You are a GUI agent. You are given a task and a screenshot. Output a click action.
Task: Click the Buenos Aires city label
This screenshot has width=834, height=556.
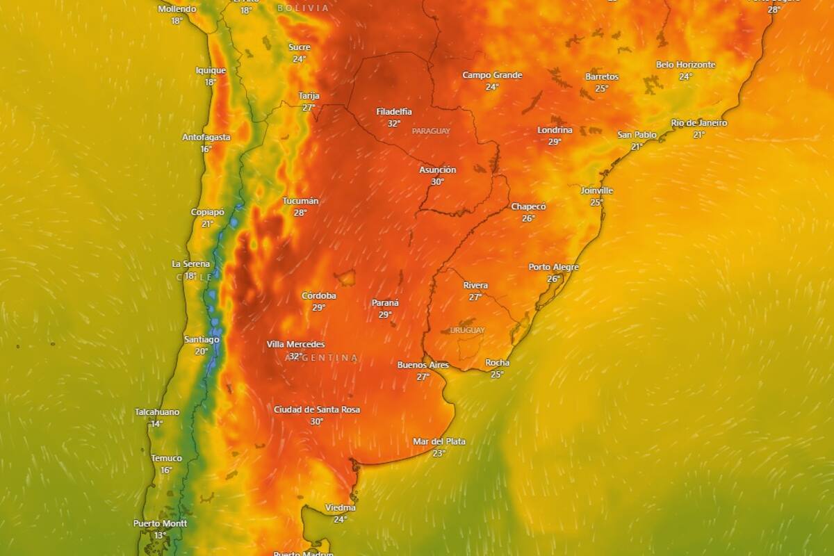423,365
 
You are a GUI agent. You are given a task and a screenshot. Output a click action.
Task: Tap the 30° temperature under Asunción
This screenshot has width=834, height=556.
437,181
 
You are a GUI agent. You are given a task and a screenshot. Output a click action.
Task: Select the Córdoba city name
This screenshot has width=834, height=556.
318,295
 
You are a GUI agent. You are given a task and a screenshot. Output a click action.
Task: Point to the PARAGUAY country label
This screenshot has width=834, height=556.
431,131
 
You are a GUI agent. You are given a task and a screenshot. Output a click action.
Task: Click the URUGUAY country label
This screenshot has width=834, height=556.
467,330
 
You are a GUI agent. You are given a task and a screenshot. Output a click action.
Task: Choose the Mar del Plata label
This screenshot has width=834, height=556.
439,441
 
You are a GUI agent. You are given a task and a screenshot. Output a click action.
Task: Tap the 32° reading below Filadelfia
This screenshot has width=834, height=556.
394,123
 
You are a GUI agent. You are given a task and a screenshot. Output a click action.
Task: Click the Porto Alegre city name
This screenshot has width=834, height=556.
553,267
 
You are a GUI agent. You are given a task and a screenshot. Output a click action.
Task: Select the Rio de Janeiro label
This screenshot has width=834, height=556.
698,123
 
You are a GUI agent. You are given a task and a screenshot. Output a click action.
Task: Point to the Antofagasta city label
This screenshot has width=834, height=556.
206,137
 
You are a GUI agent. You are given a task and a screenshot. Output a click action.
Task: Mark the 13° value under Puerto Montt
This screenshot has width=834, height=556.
160,535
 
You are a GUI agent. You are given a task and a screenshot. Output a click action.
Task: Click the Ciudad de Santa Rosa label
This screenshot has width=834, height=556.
317,409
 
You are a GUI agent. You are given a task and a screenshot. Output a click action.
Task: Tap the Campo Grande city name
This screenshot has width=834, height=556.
492,75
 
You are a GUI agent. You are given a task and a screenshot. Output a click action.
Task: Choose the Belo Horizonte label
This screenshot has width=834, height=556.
685,65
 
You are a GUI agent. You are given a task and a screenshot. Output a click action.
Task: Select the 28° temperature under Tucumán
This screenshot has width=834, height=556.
300,213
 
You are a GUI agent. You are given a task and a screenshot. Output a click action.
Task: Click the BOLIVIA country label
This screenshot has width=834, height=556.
303,8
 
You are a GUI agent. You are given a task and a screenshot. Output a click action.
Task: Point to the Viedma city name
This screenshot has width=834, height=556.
340,507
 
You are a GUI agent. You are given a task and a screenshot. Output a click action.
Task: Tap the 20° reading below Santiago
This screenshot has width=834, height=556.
201,351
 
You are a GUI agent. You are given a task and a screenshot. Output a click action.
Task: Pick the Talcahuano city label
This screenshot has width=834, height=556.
156,412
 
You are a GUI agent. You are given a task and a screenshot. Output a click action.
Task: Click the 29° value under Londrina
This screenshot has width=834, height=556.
555,142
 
